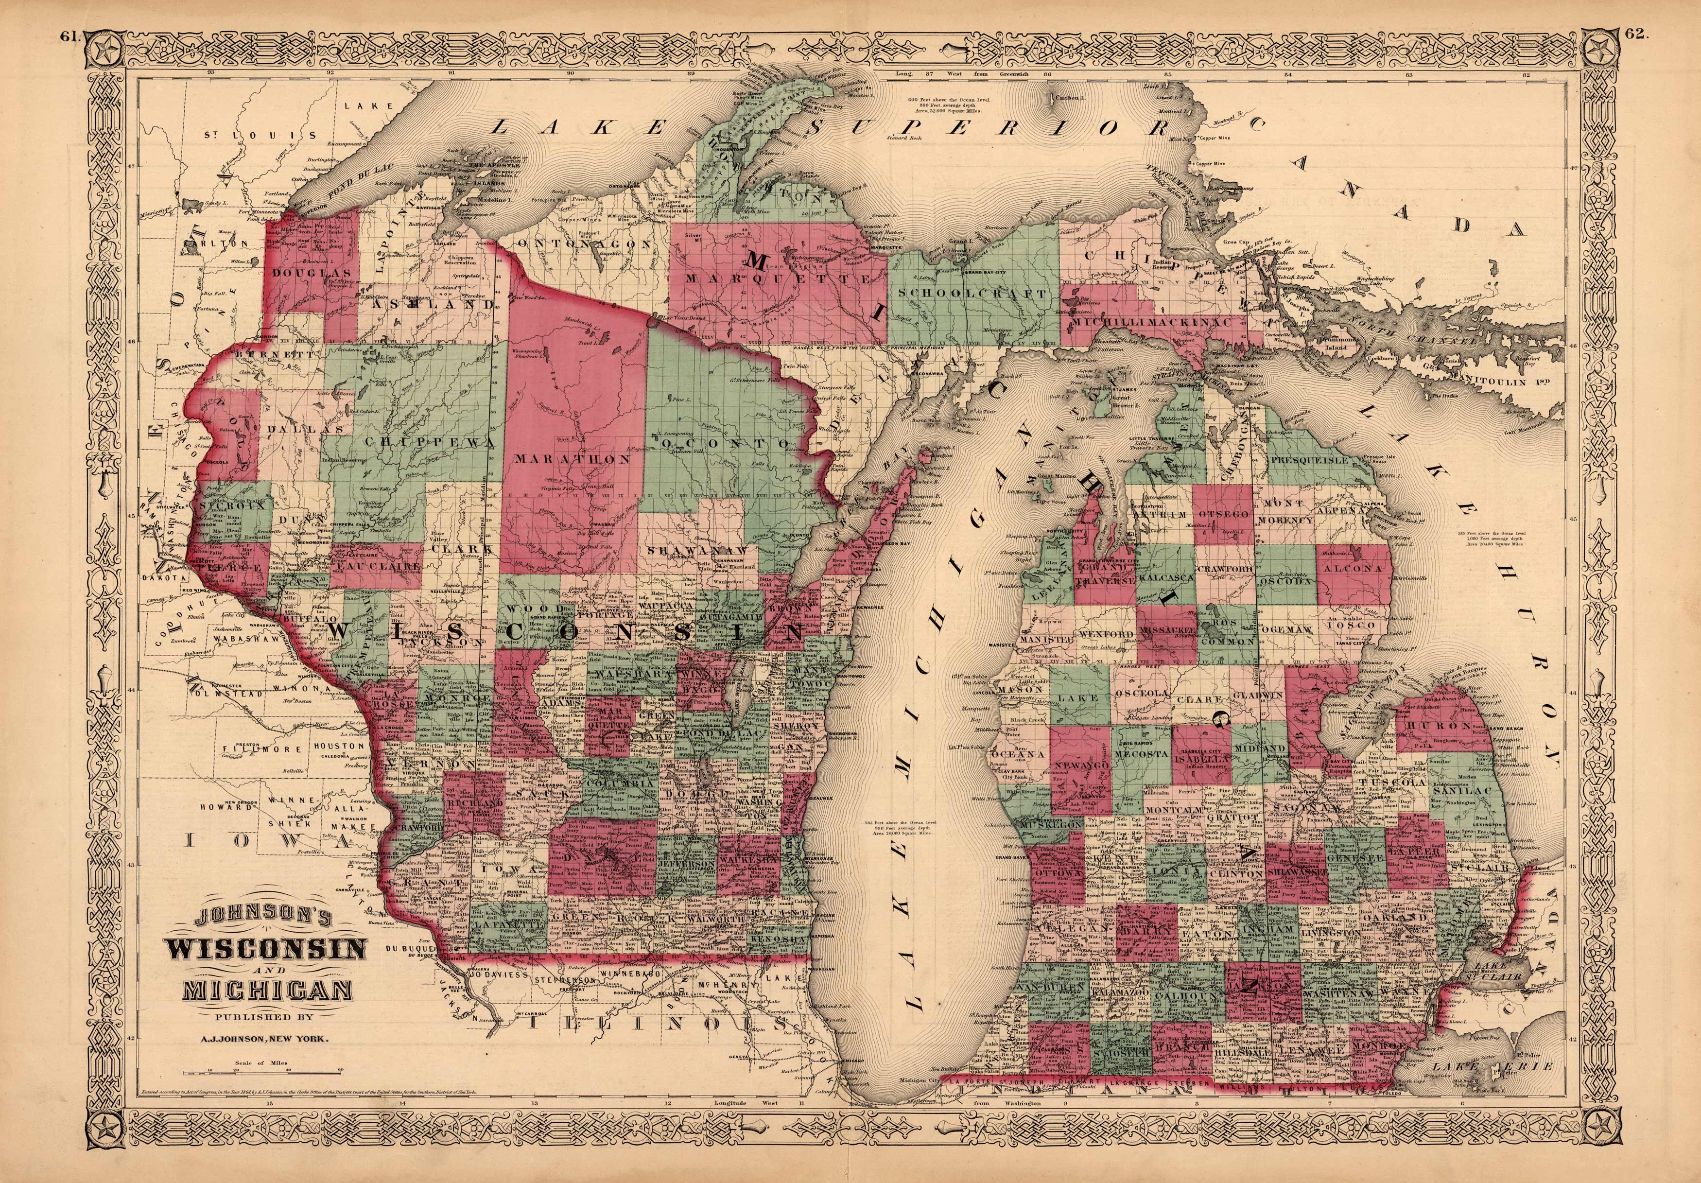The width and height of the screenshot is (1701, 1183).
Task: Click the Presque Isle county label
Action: coord(1308,460)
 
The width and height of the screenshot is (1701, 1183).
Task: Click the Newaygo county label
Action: coord(1081,764)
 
